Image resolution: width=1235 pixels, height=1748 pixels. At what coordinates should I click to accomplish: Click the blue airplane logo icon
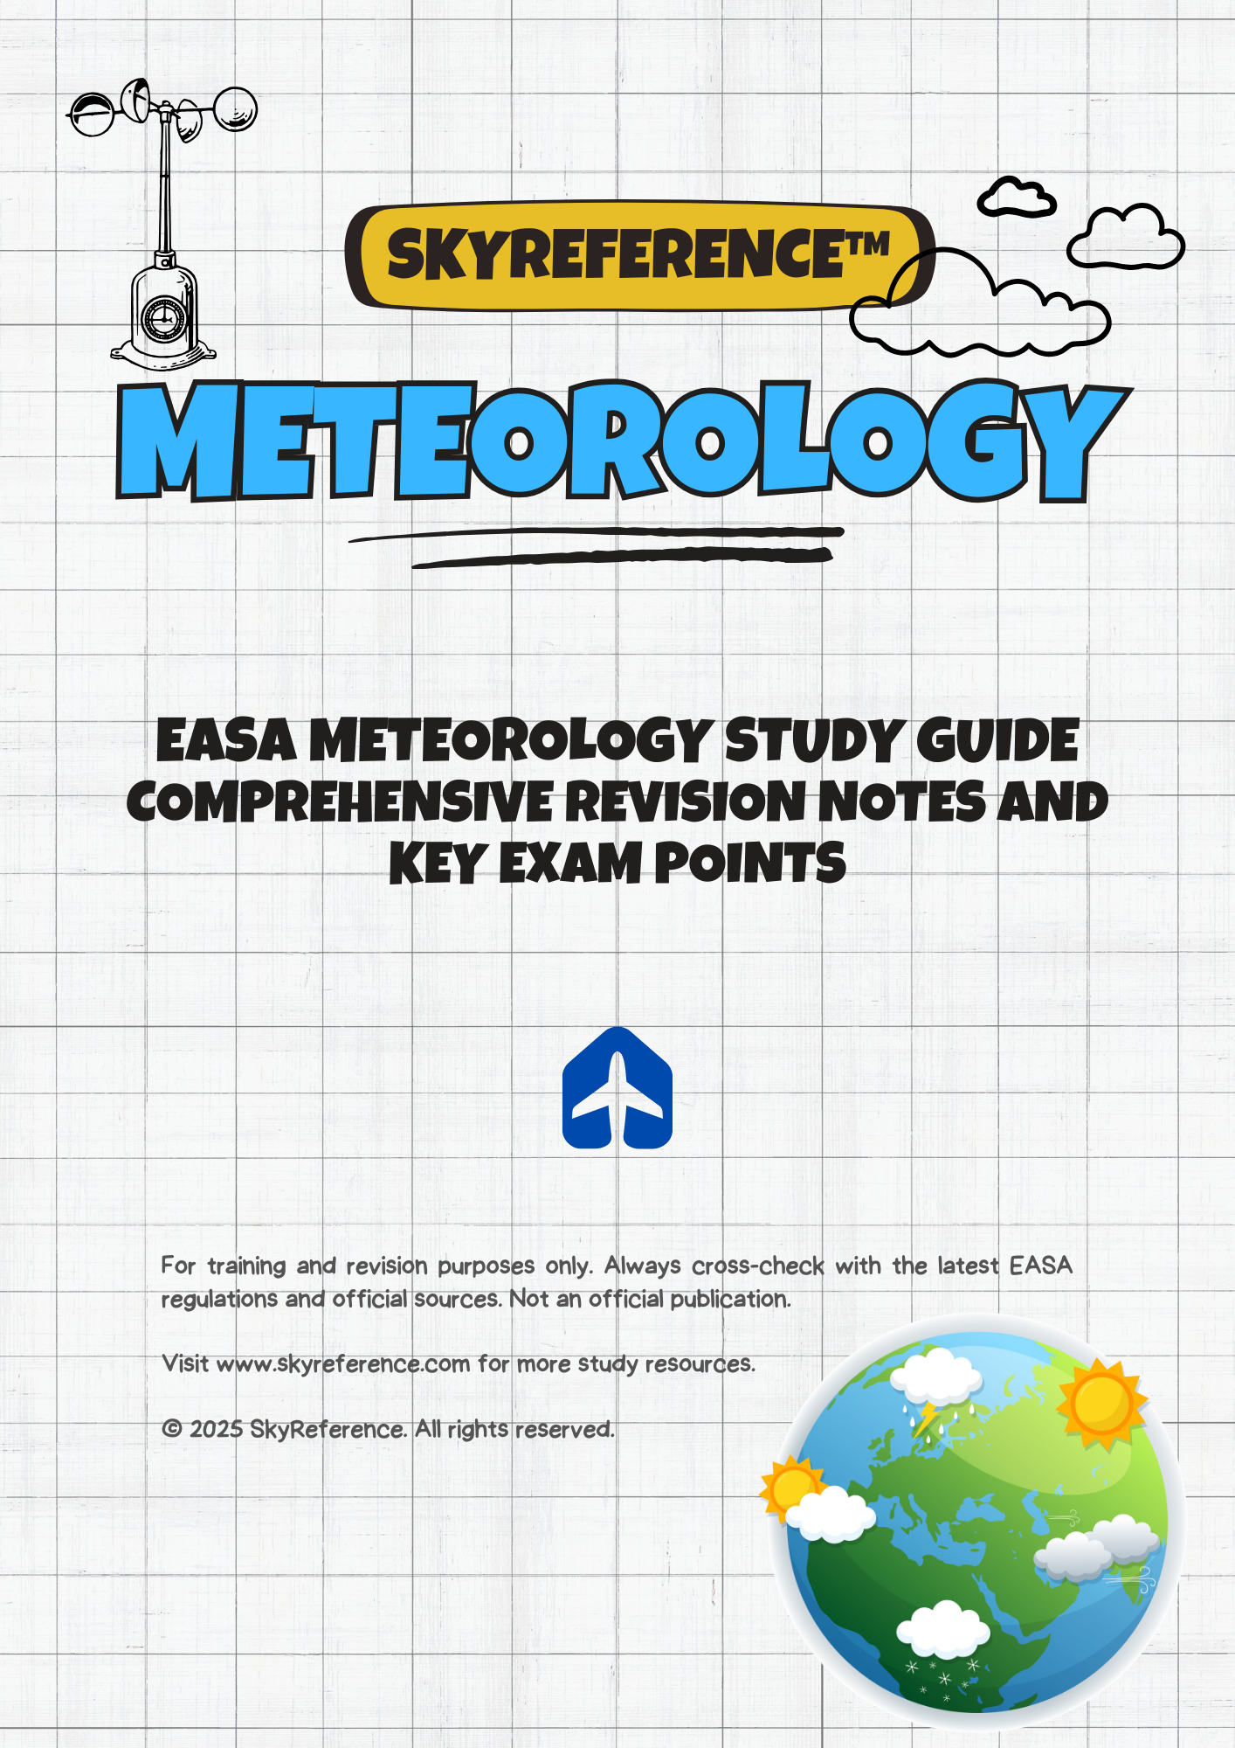(x=617, y=1089)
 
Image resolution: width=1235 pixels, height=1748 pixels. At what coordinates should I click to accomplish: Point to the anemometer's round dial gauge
(x=162, y=316)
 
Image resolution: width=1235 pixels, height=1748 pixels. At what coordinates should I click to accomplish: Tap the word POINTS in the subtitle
(x=750, y=864)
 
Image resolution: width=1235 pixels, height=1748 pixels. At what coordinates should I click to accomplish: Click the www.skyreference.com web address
(x=343, y=1364)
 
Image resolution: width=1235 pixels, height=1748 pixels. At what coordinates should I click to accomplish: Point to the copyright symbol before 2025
(x=172, y=1429)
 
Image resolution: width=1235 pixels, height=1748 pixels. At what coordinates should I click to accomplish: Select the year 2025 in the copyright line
(x=216, y=1429)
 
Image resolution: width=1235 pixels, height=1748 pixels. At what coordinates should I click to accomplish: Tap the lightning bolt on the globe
(x=924, y=1419)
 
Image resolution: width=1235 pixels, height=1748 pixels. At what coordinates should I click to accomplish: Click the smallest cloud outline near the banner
(x=1016, y=198)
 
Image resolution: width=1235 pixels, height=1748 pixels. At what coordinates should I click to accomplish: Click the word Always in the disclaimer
(x=642, y=1266)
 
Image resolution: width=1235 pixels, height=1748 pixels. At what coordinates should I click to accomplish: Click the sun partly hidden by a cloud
(x=791, y=1486)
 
